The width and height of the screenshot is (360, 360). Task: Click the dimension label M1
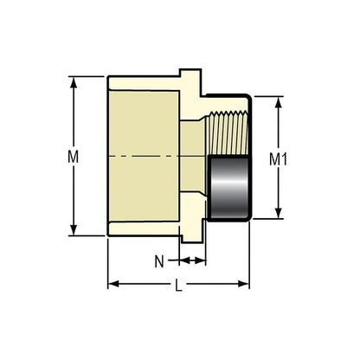[x=277, y=157]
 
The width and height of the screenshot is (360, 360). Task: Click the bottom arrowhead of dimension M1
[x=278, y=213]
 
